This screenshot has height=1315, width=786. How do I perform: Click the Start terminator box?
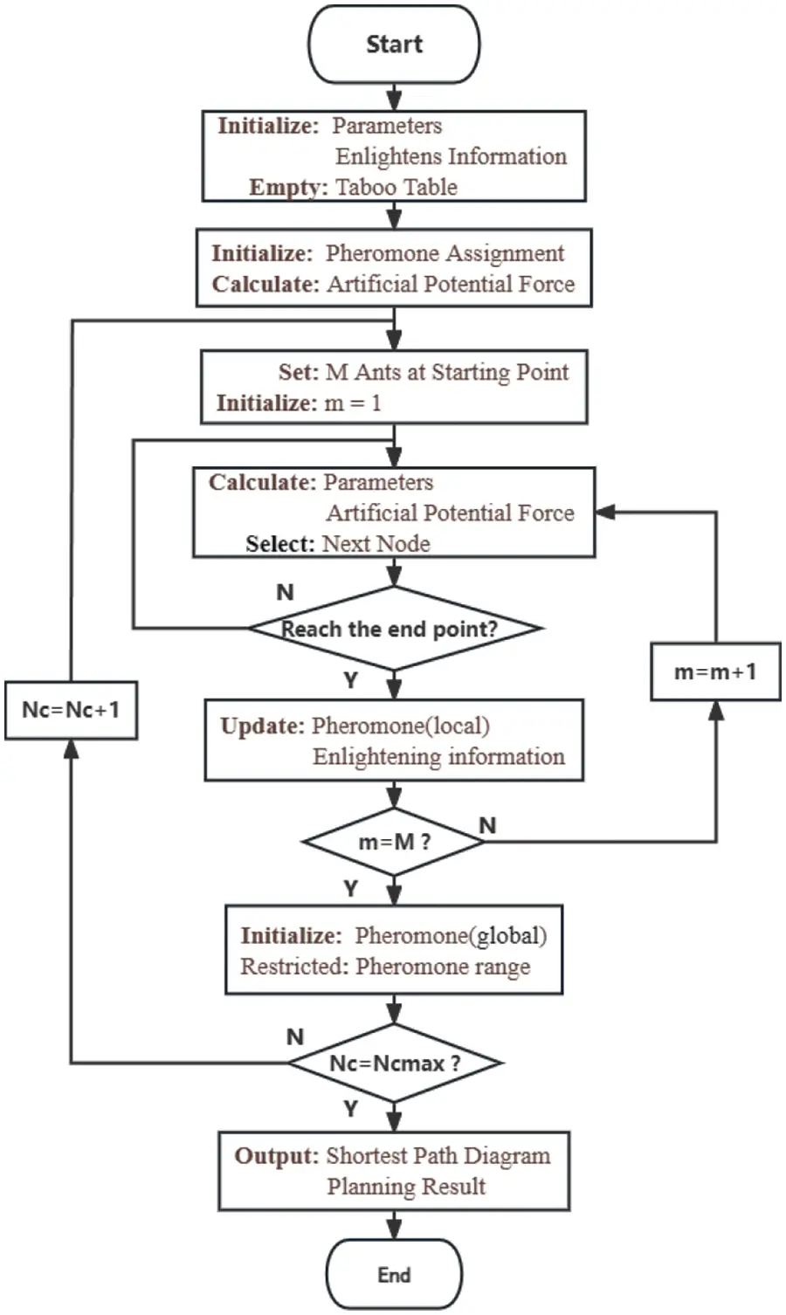394,45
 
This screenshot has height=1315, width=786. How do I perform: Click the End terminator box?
394,1275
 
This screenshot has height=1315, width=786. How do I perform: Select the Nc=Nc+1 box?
71,709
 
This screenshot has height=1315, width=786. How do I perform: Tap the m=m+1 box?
715,671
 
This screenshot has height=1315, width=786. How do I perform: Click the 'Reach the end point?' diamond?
394,629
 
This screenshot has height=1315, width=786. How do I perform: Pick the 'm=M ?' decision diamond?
394,842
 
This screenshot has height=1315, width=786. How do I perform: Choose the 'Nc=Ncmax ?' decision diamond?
395,1063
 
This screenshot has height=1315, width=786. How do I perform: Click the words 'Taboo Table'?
396,187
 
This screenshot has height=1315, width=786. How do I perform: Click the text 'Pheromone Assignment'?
445,253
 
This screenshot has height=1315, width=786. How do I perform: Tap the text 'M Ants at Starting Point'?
446,372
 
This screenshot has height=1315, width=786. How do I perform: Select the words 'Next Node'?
376,543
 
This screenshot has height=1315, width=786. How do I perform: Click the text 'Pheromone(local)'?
401,726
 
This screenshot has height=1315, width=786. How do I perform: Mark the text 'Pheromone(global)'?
451,936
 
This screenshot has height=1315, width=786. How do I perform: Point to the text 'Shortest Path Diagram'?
438,1156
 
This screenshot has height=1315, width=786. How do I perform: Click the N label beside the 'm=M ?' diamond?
488,825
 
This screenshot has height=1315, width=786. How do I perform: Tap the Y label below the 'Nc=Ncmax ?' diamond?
350,1108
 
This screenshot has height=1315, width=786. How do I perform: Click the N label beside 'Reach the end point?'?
285,592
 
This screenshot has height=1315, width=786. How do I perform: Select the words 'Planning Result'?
406,1187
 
